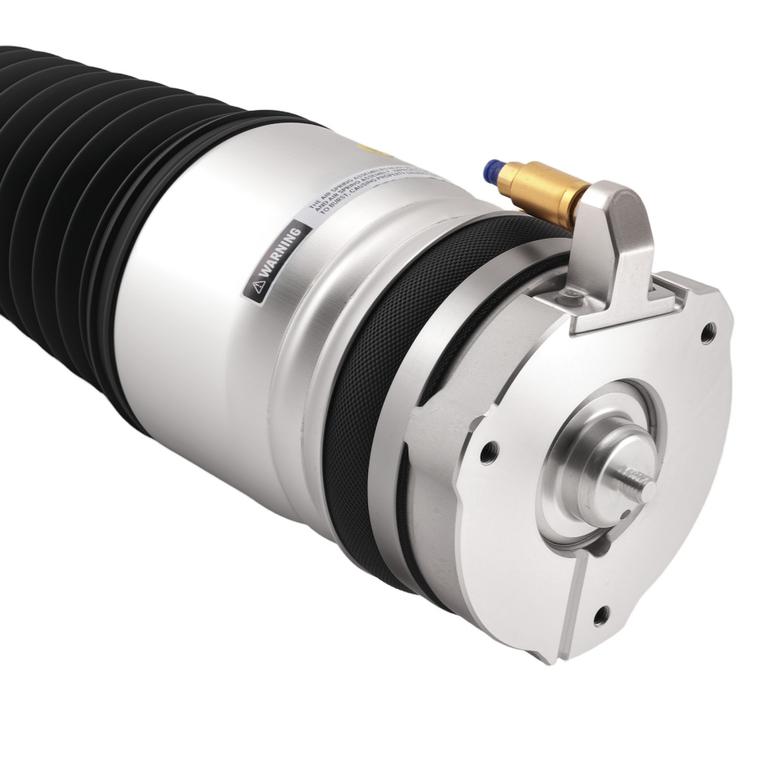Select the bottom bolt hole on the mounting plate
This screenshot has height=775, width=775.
point(600,616)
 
